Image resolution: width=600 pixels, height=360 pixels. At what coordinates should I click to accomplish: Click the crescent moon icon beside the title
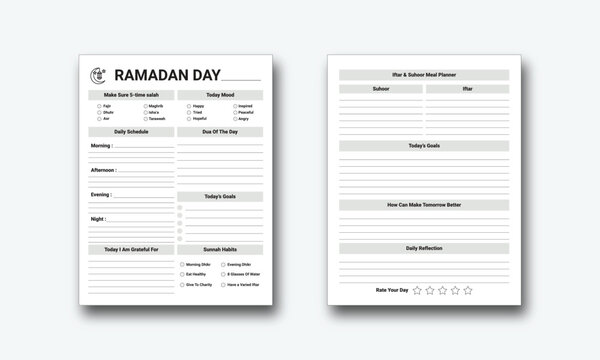[97, 74]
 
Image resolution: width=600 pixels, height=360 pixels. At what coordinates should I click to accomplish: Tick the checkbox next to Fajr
[99, 105]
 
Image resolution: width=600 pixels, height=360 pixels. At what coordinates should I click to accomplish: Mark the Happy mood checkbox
[187, 105]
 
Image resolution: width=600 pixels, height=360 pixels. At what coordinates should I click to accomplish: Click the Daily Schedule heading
[131, 131]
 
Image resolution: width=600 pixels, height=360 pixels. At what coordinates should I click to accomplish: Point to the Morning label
[101, 145]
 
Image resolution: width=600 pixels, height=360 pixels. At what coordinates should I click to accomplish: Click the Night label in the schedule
[98, 218]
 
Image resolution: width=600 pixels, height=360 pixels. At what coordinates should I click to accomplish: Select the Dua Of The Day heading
[219, 131]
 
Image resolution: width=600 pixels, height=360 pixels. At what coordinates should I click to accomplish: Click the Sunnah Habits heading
[219, 249]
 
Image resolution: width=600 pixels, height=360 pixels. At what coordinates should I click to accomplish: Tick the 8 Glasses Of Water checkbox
[222, 273]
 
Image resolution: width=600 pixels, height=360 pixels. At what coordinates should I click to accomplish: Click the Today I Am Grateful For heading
[131, 249]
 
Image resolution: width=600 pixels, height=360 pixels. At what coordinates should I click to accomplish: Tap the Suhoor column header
[381, 88]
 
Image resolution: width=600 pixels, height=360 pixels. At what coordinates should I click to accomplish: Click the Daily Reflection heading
[424, 247]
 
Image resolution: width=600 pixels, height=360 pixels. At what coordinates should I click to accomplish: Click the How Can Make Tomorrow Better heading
[424, 204]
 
